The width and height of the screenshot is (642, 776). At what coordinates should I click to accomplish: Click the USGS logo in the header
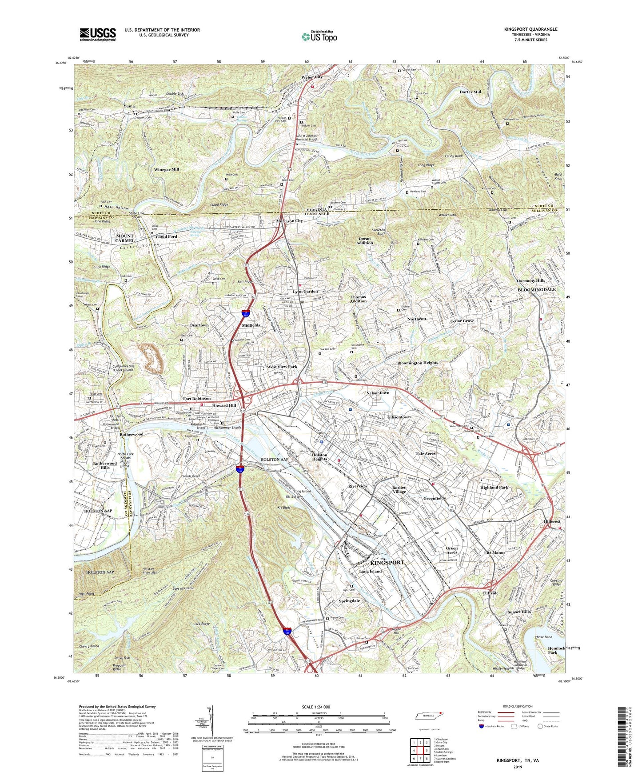tap(98, 34)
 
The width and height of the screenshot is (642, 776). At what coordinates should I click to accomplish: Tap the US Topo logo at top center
tap(319, 36)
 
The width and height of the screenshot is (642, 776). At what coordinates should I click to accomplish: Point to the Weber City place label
tap(312, 77)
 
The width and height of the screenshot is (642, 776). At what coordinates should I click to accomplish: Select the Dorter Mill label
tap(470, 92)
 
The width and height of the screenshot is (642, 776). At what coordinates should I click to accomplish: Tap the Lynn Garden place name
tap(305, 292)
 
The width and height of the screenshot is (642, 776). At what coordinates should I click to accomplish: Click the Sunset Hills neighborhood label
tap(519, 612)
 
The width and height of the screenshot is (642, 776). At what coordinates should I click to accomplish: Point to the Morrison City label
tap(289, 221)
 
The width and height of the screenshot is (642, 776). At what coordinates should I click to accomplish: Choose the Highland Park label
tap(494, 488)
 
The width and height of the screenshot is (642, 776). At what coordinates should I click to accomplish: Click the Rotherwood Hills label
tap(105, 465)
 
